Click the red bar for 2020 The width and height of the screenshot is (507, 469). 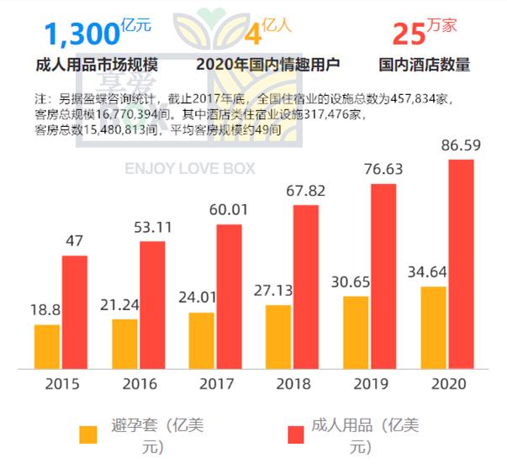461,264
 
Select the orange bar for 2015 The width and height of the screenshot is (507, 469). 47,346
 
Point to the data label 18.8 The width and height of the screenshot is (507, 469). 46,310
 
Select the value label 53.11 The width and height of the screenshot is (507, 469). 152,226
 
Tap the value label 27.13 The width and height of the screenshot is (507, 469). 278,292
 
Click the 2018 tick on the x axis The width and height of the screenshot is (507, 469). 293,386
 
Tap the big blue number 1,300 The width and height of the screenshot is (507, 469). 81,35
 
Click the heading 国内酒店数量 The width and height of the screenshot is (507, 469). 425,65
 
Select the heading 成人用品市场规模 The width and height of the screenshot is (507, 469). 98,65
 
